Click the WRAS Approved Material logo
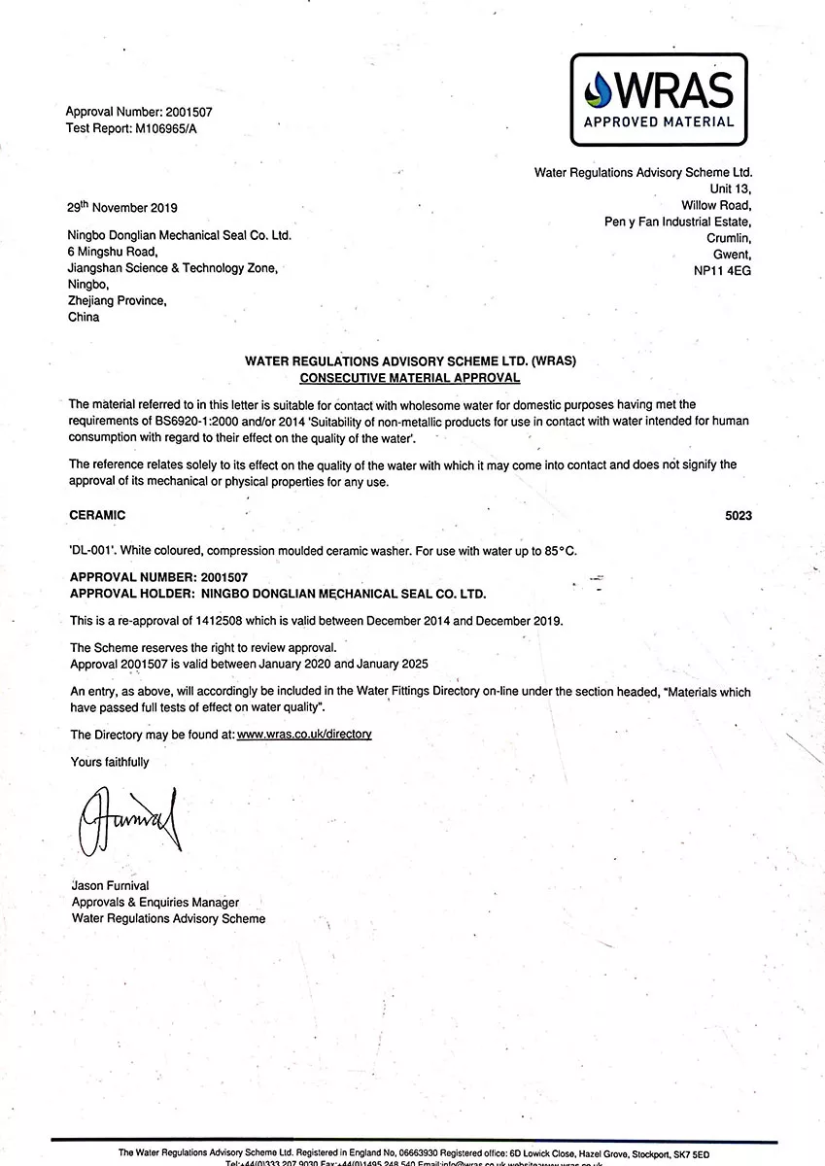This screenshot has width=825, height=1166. (658, 100)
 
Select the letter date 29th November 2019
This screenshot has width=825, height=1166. (121, 207)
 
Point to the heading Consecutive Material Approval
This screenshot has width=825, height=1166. (410, 377)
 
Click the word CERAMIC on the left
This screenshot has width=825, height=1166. (97, 515)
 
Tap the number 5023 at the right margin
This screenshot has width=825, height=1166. (739, 515)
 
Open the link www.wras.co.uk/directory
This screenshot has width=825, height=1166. (304, 734)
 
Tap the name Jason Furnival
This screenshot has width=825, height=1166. (110, 885)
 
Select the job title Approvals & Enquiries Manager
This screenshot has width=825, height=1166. (155, 902)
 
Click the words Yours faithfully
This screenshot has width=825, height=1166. (110, 762)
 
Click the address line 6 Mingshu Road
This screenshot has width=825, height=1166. (112, 252)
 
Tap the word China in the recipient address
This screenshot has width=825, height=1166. (84, 317)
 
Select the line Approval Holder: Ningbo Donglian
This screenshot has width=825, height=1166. (278, 593)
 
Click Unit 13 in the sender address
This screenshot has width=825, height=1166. (731, 189)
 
